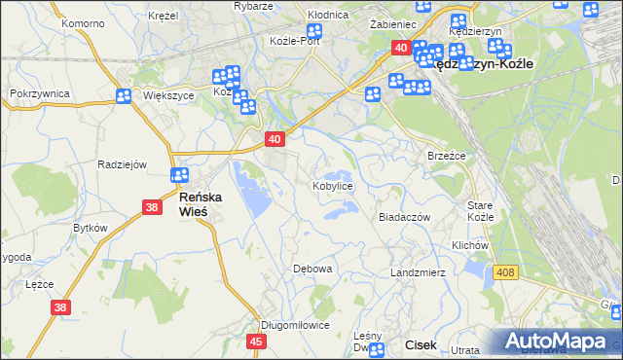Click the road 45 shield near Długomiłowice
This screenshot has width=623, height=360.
pos(257,342)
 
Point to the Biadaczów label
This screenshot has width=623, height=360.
pos(404,217)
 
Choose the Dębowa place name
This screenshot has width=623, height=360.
pos(313,268)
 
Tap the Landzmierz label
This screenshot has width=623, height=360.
pos(418,272)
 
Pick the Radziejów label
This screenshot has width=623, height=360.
pos(122,164)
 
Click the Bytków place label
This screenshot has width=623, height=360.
pos(90,228)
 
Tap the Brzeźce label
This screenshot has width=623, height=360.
pos(447,156)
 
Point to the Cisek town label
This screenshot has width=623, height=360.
pos(421,343)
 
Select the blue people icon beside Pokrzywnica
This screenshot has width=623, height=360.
pos(124,96)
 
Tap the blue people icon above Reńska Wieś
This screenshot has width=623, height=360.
pos(179,175)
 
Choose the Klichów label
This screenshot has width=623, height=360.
pos(469,246)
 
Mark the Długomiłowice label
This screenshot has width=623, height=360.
pos(296,325)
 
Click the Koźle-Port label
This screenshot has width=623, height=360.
pos(295,41)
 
